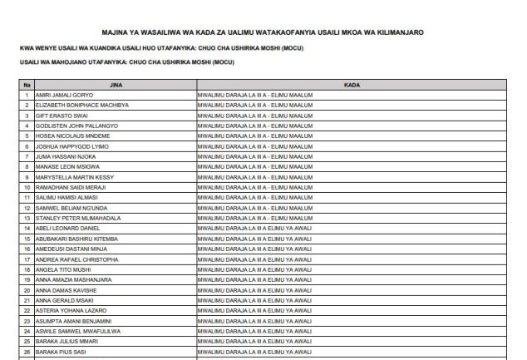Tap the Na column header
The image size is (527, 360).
click(27, 85)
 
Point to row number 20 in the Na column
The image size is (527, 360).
click(27, 290)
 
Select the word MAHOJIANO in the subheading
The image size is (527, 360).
click(69, 62)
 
